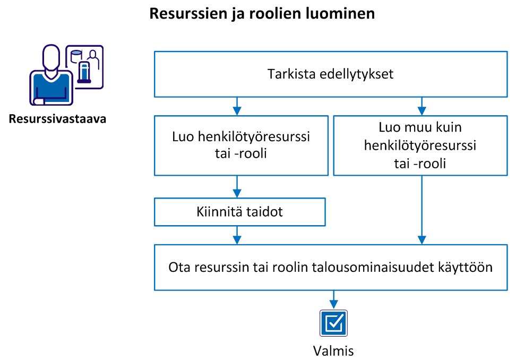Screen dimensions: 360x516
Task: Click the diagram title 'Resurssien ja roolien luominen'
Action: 262,14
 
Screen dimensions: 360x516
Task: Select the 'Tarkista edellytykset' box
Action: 330,74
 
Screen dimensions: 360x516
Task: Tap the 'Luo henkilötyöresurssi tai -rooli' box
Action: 241,146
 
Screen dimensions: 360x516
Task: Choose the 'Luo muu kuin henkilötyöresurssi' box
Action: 419,146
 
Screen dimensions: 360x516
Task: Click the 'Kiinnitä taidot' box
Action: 239,212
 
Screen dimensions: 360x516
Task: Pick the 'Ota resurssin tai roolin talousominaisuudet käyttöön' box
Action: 330,268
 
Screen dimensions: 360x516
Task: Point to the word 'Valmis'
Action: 333,350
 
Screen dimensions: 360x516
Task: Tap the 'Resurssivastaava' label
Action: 58,119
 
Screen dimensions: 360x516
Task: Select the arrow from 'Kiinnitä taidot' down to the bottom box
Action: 237,235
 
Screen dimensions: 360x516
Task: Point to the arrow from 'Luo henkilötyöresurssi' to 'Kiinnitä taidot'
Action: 237,186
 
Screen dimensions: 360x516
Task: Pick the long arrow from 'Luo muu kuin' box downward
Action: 422,210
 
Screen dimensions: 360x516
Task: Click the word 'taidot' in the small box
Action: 266,212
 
